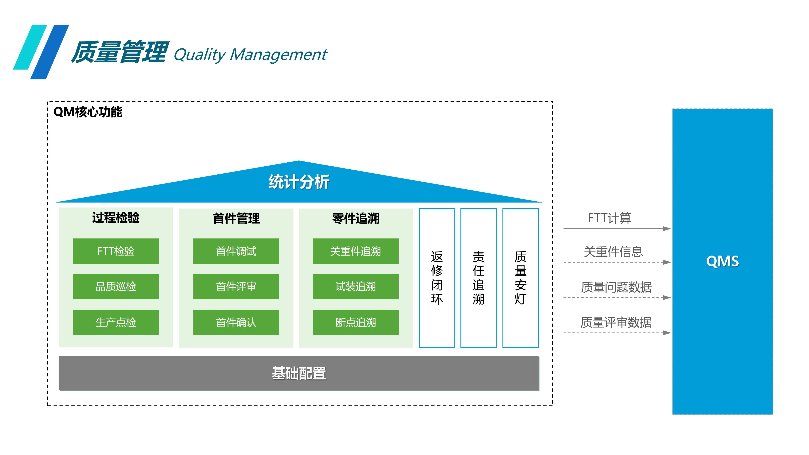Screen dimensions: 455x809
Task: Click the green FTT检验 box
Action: coord(116,251)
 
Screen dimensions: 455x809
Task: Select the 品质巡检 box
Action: coord(116,286)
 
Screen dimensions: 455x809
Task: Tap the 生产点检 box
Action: coord(116,322)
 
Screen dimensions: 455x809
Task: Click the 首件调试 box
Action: coord(236,251)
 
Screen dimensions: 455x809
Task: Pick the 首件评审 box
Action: coord(236,286)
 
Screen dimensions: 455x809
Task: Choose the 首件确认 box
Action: coord(236,322)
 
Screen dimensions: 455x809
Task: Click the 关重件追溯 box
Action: coord(355,251)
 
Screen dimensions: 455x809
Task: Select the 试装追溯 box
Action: coord(355,286)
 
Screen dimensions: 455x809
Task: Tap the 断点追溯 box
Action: coord(355,322)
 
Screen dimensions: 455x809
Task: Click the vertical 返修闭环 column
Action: coord(437,278)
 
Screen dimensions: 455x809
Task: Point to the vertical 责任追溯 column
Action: coord(478,278)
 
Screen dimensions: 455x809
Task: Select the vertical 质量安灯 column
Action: coord(520,278)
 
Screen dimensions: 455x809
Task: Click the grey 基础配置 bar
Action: coord(299,373)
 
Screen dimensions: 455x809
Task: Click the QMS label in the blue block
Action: coord(722,261)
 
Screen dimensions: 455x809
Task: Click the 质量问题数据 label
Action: coord(616,287)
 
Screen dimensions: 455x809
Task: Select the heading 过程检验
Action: coord(116,218)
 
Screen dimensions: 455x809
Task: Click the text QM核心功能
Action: coord(88,112)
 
